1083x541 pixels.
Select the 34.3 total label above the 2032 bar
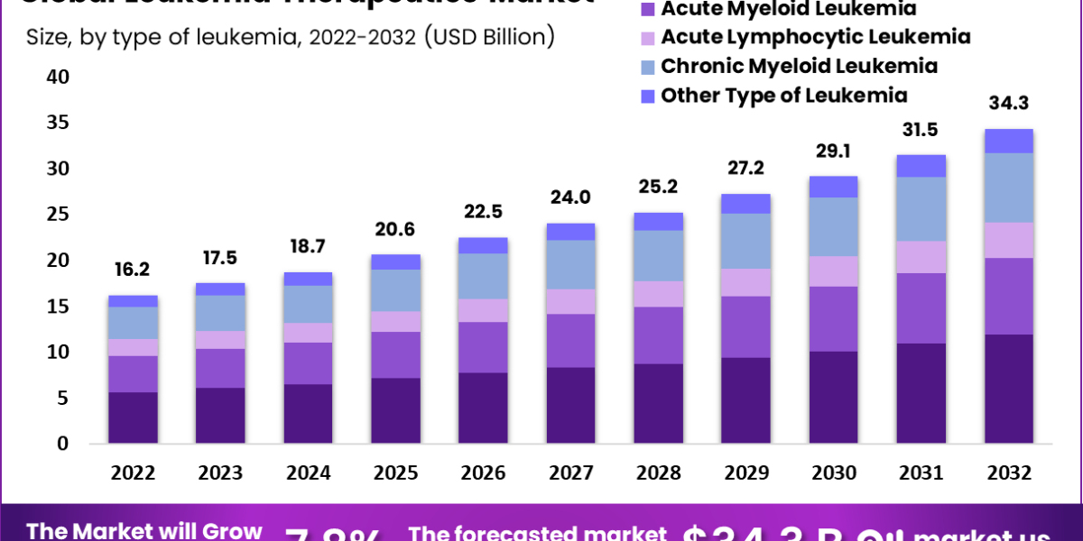point(1009,104)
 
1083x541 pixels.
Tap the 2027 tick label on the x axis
point(571,473)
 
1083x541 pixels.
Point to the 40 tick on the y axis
point(58,78)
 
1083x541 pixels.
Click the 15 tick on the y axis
point(58,307)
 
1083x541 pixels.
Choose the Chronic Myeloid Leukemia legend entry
point(799,66)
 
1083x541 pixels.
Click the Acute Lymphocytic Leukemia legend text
point(815,37)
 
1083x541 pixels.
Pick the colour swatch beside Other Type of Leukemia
point(647,96)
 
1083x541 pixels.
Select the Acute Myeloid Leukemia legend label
point(788,9)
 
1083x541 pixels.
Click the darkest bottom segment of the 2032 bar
point(1009,389)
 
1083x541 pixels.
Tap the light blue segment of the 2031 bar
point(921,208)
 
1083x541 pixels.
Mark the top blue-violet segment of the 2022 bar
point(134,301)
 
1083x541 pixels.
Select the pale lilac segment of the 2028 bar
point(659,294)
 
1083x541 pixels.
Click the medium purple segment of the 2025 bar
point(396,354)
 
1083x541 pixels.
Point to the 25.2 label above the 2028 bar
point(659,188)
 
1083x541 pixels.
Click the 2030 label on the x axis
point(834,473)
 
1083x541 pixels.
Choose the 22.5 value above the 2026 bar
point(484,213)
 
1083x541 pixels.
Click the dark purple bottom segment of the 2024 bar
point(309,414)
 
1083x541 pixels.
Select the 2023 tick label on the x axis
point(221,473)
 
